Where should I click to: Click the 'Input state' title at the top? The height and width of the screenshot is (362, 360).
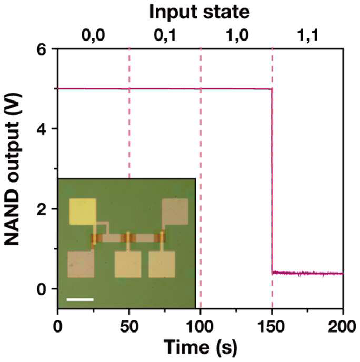coord(199,12)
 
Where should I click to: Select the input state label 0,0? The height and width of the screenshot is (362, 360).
coord(93,36)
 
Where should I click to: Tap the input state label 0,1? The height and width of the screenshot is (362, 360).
coord(165,36)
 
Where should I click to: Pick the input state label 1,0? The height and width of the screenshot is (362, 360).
coord(237,36)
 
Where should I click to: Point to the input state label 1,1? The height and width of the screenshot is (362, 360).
coord(308,36)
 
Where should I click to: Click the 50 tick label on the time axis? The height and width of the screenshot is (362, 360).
coord(129,327)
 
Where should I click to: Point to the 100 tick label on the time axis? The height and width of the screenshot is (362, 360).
coord(200,327)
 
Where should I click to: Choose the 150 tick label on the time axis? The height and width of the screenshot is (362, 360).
coord(272,327)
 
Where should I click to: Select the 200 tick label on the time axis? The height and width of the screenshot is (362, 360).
coord(342,327)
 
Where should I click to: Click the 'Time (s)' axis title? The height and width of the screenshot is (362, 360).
coord(201,348)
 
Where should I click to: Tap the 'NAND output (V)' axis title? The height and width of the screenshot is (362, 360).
coord(12,169)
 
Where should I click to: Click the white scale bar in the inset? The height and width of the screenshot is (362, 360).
coord(80,300)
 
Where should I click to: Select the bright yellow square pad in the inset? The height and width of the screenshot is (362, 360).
coord(83,212)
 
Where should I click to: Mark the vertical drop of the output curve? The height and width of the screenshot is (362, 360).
coord(272,181)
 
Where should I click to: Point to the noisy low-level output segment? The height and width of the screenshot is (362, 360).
coord(308,274)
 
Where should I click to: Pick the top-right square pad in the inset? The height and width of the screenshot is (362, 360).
coord(175,212)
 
